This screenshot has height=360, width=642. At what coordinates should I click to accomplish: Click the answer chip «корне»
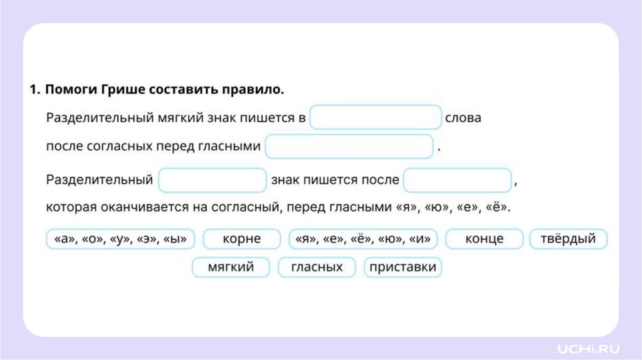[x=241, y=239]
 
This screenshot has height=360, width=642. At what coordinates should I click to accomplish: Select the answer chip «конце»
[x=484, y=239]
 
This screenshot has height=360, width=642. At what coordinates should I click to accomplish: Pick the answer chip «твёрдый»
[x=568, y=239]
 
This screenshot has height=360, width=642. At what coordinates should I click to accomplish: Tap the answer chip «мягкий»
[x=231, y=268]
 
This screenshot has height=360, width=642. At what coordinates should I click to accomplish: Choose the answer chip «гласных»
[x=317, y=268]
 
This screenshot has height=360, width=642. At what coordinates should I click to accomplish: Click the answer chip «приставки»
[x=403, y=268]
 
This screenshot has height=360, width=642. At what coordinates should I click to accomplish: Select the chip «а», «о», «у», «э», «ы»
[x=120, y=239]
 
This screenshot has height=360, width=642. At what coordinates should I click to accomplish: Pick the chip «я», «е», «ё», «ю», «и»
[x=363, y=239]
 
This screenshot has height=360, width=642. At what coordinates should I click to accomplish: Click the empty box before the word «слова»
[x=376, y=118]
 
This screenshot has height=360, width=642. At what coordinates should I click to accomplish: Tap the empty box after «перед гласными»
[x=349, y=147]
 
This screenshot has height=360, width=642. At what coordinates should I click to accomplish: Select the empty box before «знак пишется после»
[x=213, y=180]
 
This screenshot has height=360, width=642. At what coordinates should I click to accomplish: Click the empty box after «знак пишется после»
[x=457, y=180]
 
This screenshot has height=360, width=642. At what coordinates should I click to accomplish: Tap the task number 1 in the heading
[x=34, y=90]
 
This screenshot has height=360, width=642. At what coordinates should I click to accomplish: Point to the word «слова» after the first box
[x=463, y=118]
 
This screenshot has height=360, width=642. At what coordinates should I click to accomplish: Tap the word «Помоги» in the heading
[x=69, y=90]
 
